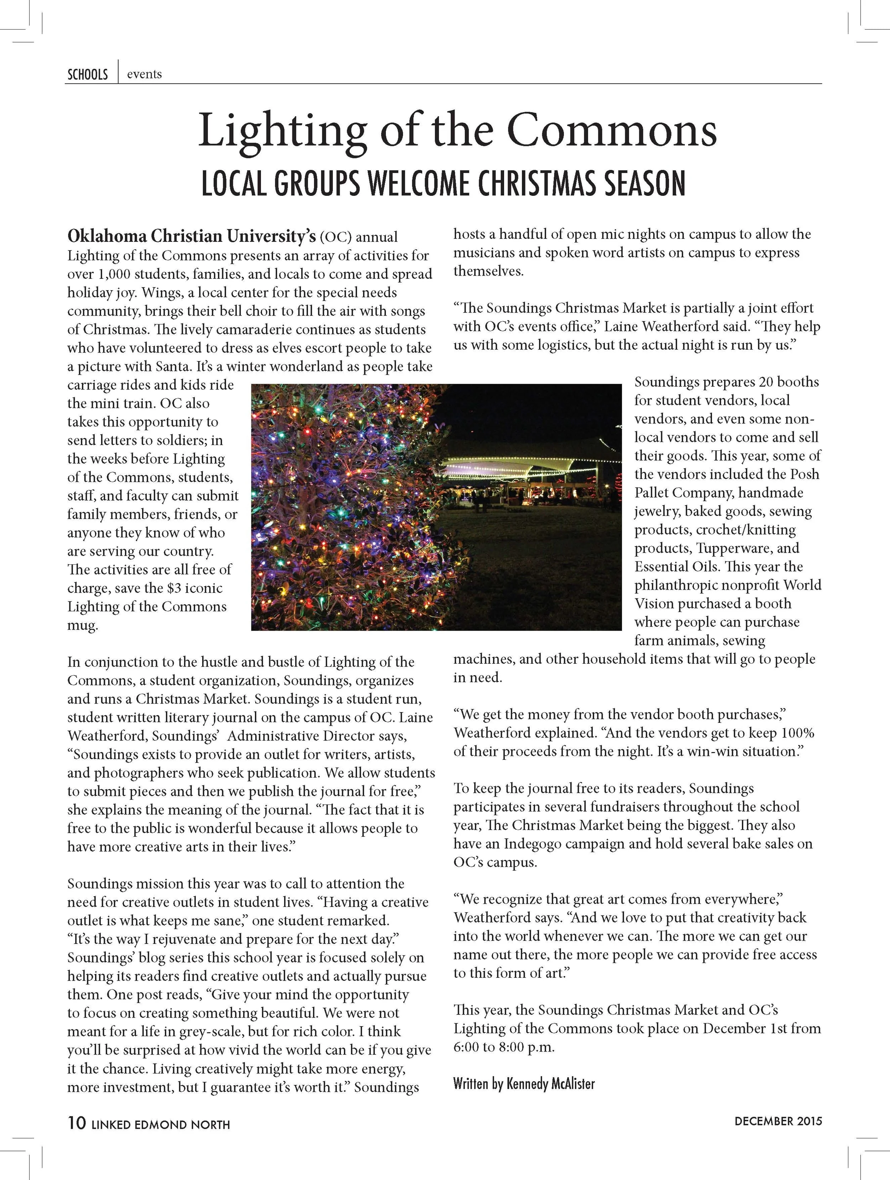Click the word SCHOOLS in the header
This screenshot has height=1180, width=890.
(x=88, y=75)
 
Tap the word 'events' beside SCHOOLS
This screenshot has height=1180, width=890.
(x=144, y=74)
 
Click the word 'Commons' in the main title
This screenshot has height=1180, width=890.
(x=611, y=131)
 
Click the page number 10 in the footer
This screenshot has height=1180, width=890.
(x=76, y=1123)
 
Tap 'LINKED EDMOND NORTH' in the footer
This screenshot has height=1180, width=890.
(x=161, y=1124)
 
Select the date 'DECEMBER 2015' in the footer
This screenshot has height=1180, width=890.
(x=778, y=1121)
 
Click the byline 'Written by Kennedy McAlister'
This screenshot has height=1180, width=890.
(x=524, y=1084)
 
